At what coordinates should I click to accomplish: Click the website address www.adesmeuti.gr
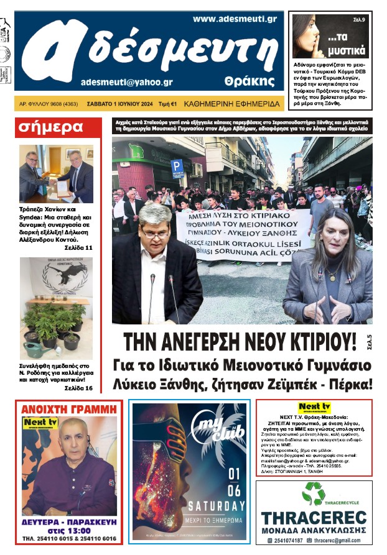click(x=235, y=19)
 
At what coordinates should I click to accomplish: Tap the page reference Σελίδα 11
click(x=78, y=248)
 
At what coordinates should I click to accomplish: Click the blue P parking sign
click(x=177, y=167)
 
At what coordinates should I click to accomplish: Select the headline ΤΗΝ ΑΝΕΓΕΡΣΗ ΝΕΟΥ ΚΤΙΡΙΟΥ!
click(x=240, y=342)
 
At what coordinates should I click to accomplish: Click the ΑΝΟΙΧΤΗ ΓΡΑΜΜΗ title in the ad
click(x=69, y=409)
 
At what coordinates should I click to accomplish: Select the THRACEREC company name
click(x=313, y=518)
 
